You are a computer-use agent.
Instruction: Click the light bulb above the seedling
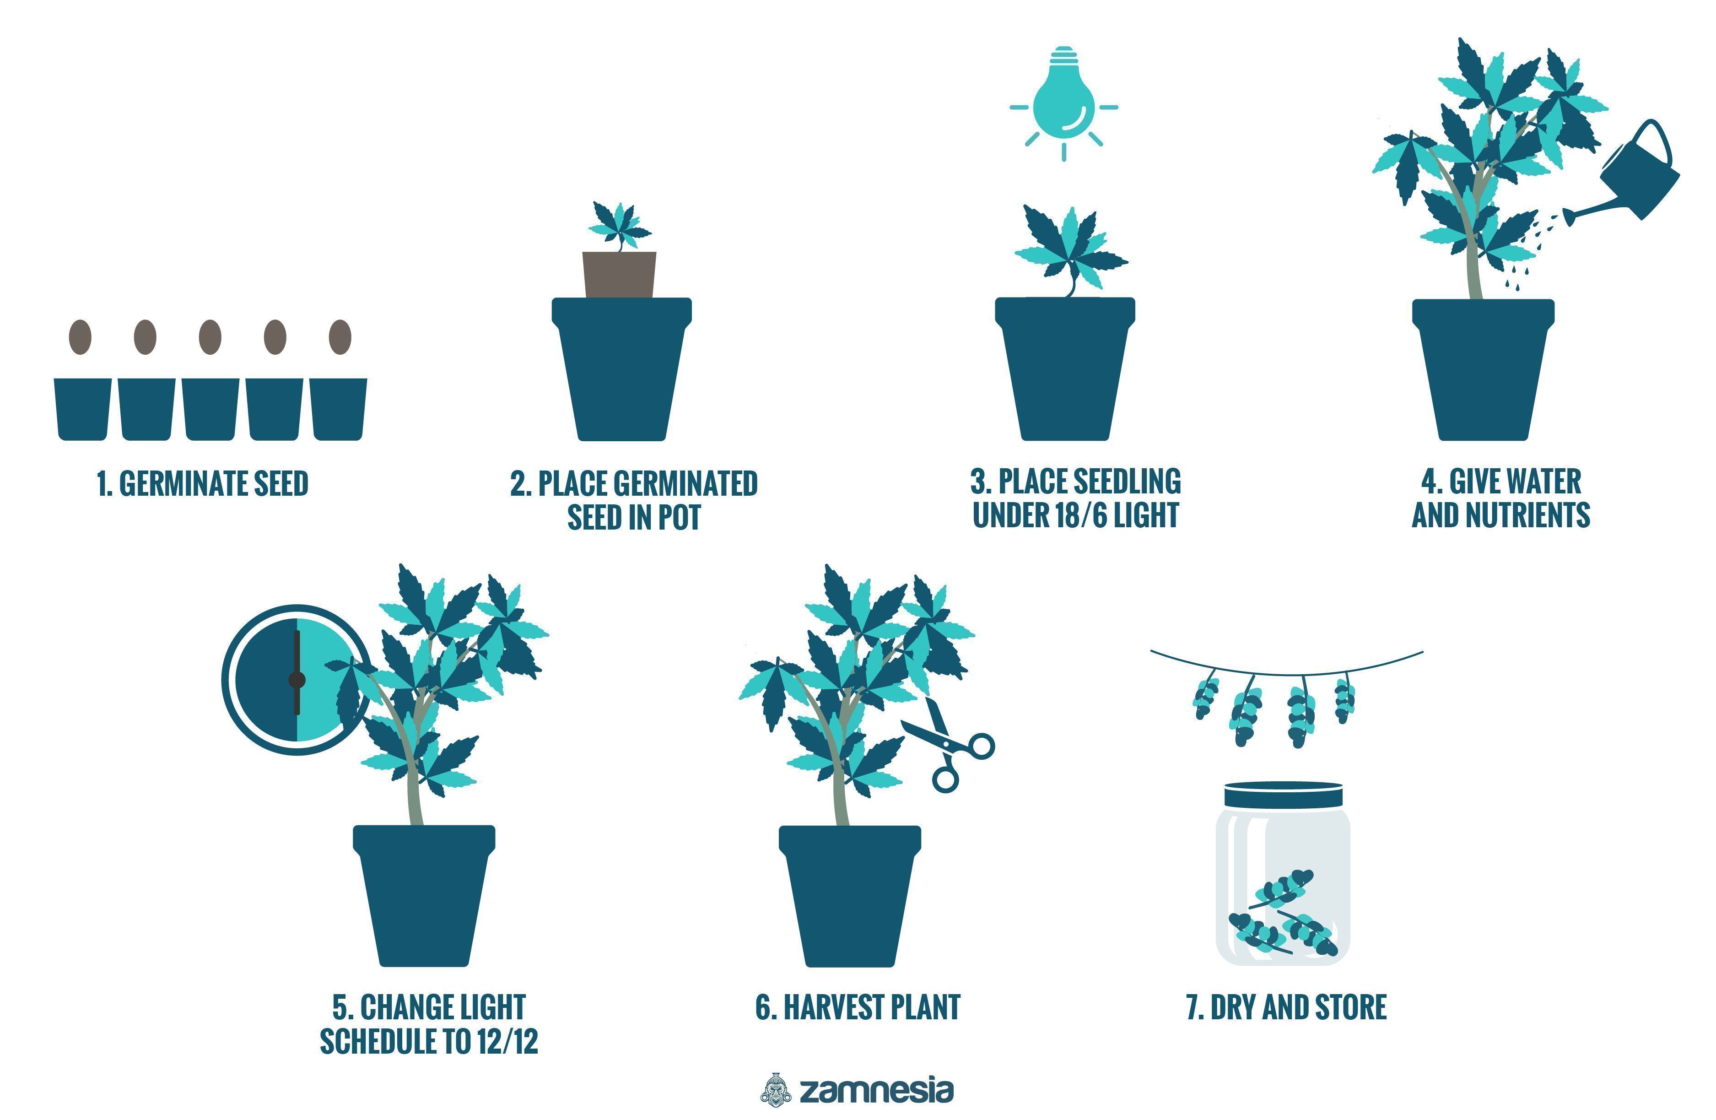(x=1063, y=94)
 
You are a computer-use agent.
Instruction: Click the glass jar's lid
(x=1284, y=794)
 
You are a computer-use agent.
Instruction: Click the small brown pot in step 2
(x=619, y=274)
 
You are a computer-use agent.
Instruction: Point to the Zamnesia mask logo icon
(x=776, y=1089)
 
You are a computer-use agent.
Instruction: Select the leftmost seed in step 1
(x=80, y=337)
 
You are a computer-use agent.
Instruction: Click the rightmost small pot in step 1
(x=338, y=409)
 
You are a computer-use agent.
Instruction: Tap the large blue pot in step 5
(x=424, y=896)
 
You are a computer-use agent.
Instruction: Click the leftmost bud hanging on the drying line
(x=1205, y=698)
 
